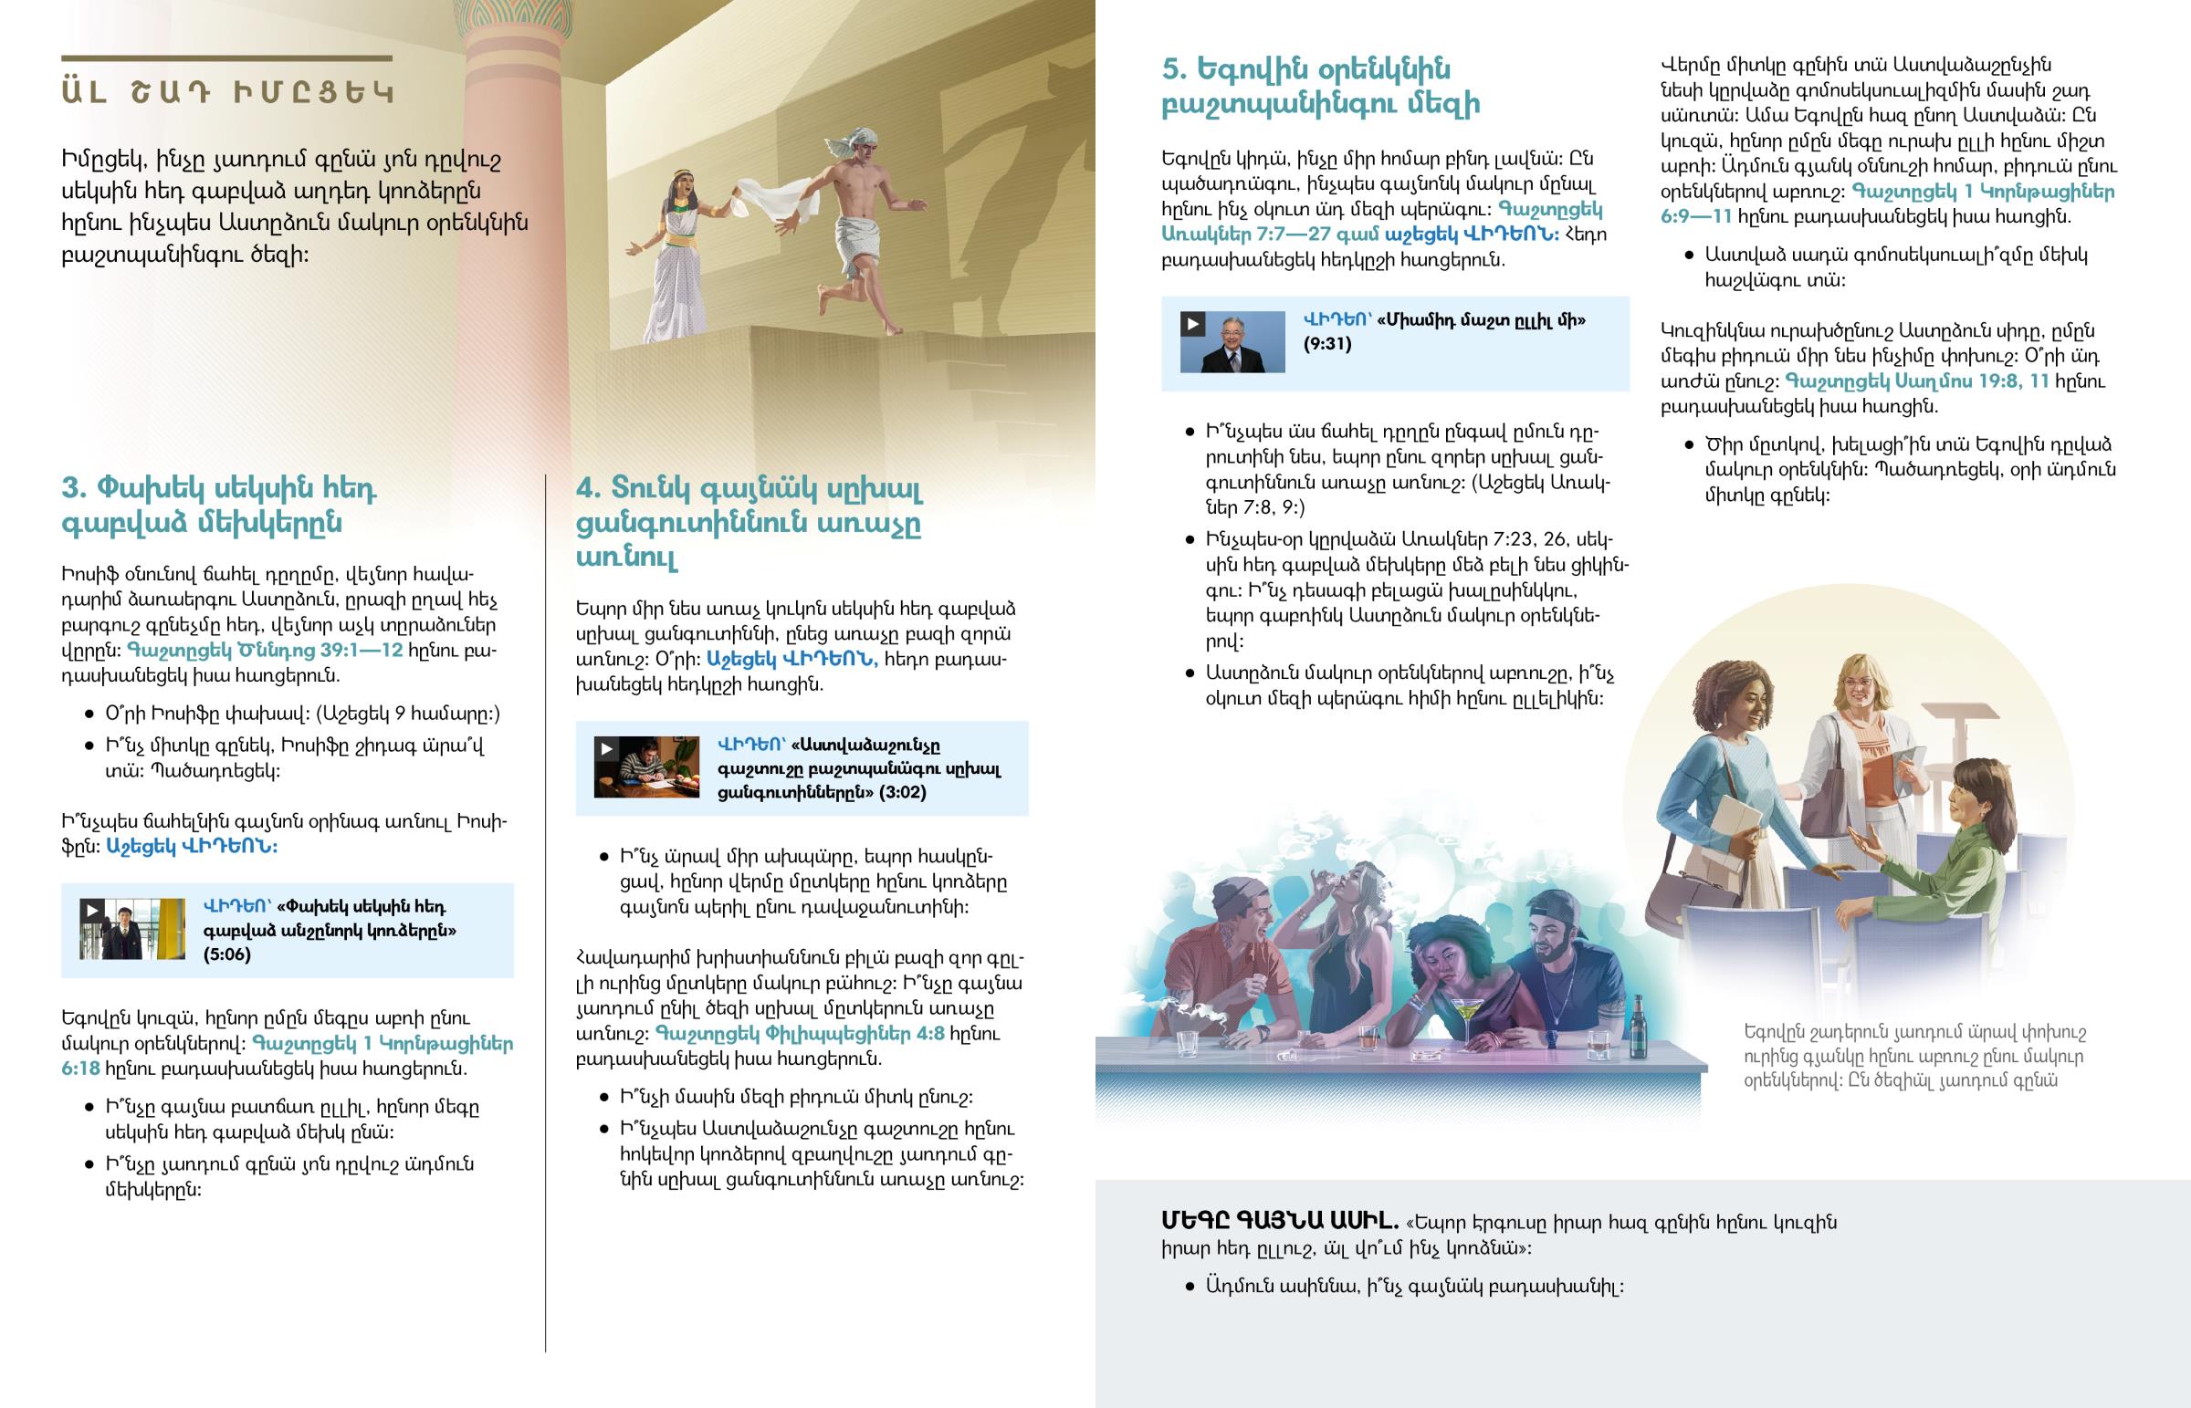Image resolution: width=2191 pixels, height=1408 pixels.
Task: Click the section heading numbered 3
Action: (x=219, y=505)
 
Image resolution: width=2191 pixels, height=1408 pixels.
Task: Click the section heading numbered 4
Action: (x=748, y=522)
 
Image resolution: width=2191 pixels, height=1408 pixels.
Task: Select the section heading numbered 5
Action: (x=1320, y=86)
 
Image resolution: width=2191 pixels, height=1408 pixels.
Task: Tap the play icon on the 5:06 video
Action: (x=92, y=911)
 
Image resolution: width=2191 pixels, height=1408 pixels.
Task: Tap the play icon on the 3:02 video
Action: (x=606, y=749)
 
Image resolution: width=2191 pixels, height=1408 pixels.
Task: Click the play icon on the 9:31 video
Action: (x=1192, y=324)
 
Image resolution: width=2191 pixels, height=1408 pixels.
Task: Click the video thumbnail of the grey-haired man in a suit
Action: (x=1232, y=343)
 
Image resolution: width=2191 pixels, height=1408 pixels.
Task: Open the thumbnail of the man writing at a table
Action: (x=647, y=768)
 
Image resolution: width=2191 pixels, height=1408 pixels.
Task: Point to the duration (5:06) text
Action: (x=226, y=954)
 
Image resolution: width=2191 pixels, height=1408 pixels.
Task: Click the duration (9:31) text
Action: (x=1326, y=344)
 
